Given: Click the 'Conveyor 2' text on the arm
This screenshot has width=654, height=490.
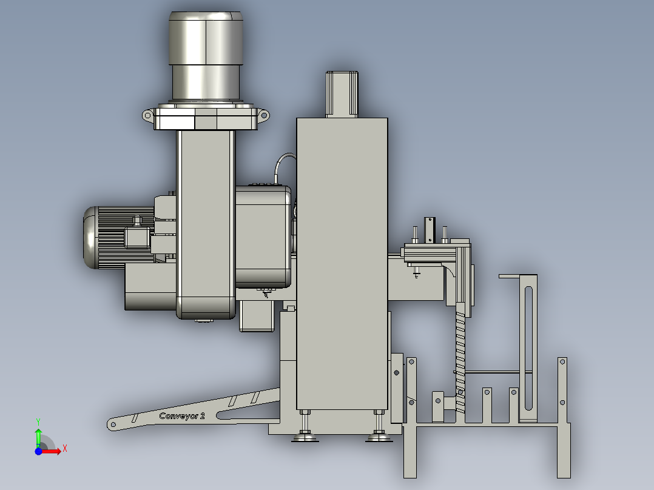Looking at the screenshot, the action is pos(182,416).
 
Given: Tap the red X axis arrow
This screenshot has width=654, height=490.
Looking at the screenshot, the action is pos(52,451).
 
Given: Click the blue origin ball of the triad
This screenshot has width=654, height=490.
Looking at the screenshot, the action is pos(38,451).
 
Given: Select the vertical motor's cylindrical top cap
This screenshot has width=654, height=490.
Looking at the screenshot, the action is pos(206,38).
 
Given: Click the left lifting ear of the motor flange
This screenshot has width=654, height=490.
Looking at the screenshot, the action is pos(148,115).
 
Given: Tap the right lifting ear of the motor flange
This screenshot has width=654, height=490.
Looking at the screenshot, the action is pos(263,115).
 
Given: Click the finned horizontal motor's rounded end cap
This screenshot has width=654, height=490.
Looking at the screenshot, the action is pos(90,238).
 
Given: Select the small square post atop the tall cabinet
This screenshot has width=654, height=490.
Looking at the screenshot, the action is pos(342,94).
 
